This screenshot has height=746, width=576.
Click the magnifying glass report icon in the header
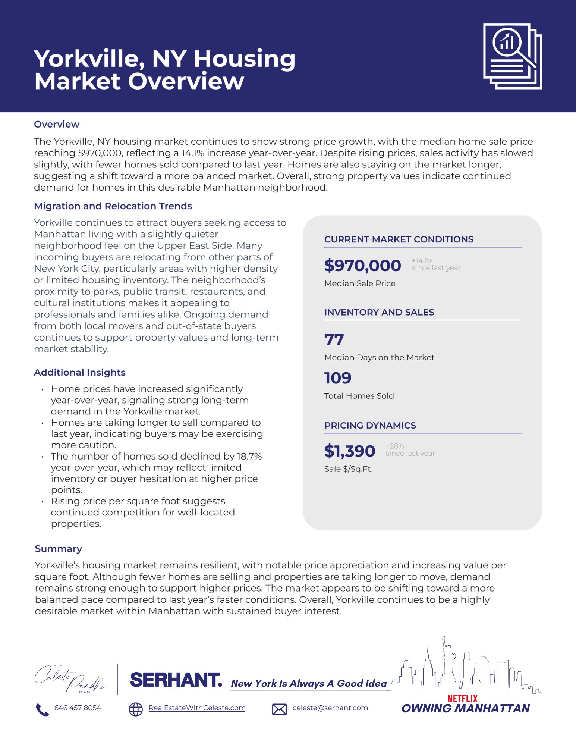pyautogui.click(x=512, y=56)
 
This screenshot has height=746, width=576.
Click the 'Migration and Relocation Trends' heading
pyautogui.click(x=113, y=206)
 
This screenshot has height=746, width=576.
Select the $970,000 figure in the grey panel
pyautogui.click(x=362, y=266)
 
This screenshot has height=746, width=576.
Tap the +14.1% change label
pyautogui.click(x=422, y=260)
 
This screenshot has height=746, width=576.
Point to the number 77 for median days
pyautogui.click(x=334, y=340)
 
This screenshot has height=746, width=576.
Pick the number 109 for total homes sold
pyautogui.click(x=338, y=378)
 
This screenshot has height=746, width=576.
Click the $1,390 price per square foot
pyautogui.click(x=350, y=451)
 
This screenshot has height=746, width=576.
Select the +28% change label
pyautogui.click(x=395, y=446)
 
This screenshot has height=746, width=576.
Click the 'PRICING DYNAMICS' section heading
pyautogui.click(x=370, y=425)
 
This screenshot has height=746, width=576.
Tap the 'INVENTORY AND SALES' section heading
pyautogui.click(x=379, y=312)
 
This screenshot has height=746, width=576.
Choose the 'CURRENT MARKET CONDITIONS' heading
pyautogui.click(x=399, y=239)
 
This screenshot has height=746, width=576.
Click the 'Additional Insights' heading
pyautogui.click(x=79, y=372)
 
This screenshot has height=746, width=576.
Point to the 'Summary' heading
pyautogui.click(x=58, y=549)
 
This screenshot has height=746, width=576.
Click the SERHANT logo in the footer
pyautogui.click(x=176, y=680)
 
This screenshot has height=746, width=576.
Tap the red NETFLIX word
pyautogui.click(x=462, y=698)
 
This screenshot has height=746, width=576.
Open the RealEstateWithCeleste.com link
pyautogui.click(x=197, y=708)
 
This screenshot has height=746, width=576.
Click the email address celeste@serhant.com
pyautogui.click(x=330, y=708)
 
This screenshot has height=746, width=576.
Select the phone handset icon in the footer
pyautogui.click(x=42, y=709)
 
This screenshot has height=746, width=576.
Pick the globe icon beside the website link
pyautogui.click(x=136, y=709)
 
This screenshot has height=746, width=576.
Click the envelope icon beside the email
pyautogui.click(x=279, y=709)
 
